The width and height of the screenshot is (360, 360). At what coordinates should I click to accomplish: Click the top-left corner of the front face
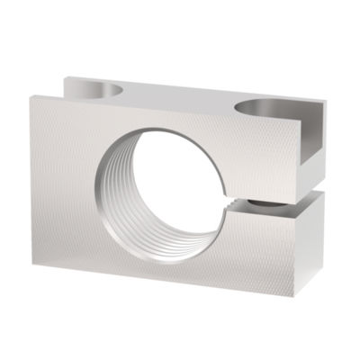[29, 96]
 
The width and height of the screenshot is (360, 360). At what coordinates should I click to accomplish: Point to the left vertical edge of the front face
[32, 180]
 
